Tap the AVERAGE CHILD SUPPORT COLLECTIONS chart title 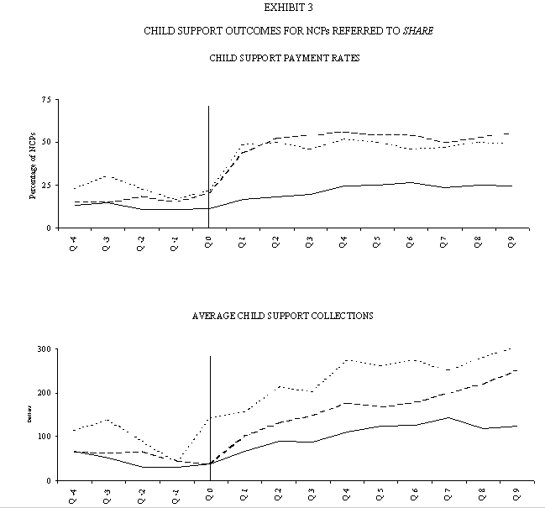(x=283, y=316)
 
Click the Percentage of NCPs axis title (x=33, y=164)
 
